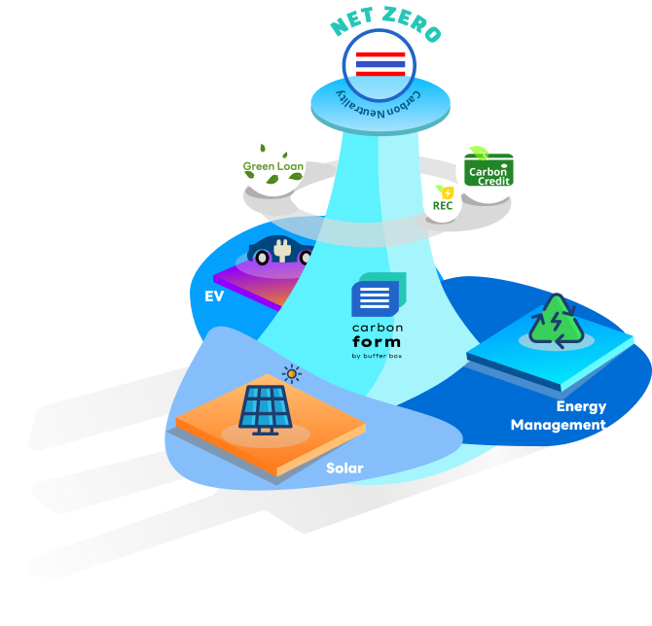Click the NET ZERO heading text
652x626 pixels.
[x=385, y=27]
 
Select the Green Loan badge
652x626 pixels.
[x=273, y=165]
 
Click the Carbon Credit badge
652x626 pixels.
[x=488, y=171]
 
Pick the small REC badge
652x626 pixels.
[x=443, y=202]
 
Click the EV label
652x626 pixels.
[x=214, y=296]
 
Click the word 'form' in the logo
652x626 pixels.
[x=375, y=342]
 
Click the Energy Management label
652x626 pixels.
[x=560, y=415]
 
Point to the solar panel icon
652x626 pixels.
[x=263, y=409]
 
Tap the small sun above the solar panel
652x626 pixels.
[x=291, y=373]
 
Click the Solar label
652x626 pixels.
[x=344, y=469]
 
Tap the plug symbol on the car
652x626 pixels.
[x=283, y=250]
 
